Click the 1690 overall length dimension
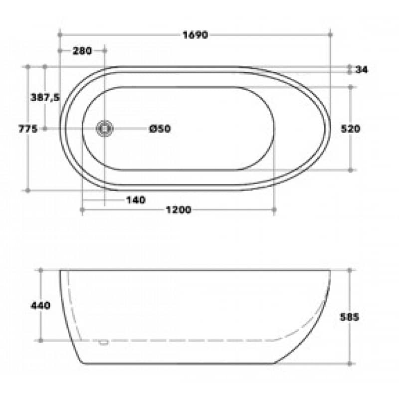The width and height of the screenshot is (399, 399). pyautogui.click(x=195, y=35)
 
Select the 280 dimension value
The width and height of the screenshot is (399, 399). pyautogui.click(x=82, y=50)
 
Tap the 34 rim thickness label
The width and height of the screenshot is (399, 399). pyautogui.click(x=362, y=70)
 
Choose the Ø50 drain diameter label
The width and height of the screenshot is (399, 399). pyautogui.click(x=160, y=129)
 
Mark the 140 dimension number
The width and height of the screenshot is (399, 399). pyautogui.click(x=135, y=200)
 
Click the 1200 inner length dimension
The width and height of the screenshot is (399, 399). pyautogui.click(x=178, y=210)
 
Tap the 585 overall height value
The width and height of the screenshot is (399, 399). pyautogui.click(x=350, y=317)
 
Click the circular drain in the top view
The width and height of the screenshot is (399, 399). pyautogui.click(x=105, y=129)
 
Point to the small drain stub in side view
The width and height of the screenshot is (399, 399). pyautogui.click(x=104, y=342)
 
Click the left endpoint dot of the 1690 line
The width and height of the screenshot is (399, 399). pyautogui.click(x=60, y=35)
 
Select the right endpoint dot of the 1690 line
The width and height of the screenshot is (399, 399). pyautogui.click(x=331, y=35)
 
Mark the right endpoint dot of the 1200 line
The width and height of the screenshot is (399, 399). pyautogui.click(x=274, y=210)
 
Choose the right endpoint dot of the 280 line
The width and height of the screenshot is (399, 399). pyautogui.click(x=105, y=50)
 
